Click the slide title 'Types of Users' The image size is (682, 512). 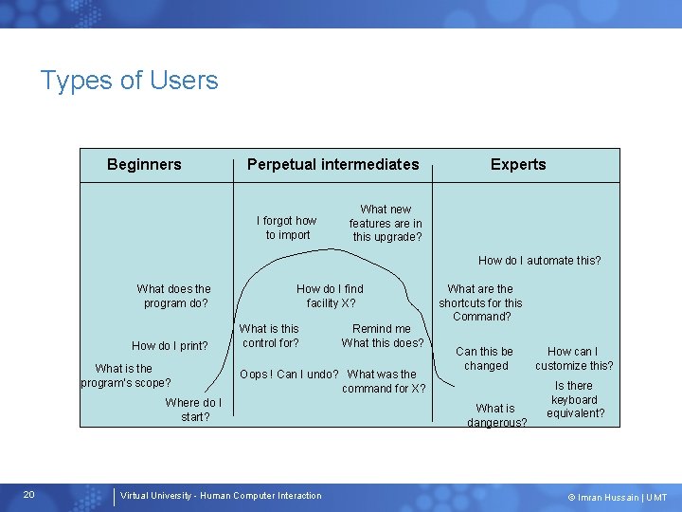click(129, 81)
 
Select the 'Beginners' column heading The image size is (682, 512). click(144, 164)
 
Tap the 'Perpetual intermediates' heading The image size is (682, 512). click(332, 164)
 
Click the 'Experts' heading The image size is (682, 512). click(517, 164)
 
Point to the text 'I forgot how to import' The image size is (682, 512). click(287, 228)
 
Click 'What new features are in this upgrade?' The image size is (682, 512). click(386, 223)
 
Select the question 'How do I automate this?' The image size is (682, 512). click(539, 260)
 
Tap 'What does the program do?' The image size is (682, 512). click(174, 296)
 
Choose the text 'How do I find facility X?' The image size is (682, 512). click(330, 296)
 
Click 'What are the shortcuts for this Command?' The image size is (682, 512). click(480, 302)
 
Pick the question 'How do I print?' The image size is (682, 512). click(170, 345)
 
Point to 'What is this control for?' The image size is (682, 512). click(270, 336)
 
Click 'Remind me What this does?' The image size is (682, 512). click(383, 336)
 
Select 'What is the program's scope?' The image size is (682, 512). click(125, 375)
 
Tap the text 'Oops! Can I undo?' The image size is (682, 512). click(289, 374)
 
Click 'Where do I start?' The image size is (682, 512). click(194, 410)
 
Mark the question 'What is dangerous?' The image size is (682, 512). click(496, 415)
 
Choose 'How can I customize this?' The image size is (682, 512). click(574, 358)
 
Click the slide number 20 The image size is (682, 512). click(28, 495)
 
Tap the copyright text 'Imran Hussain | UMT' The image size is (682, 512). click(618, 497)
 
